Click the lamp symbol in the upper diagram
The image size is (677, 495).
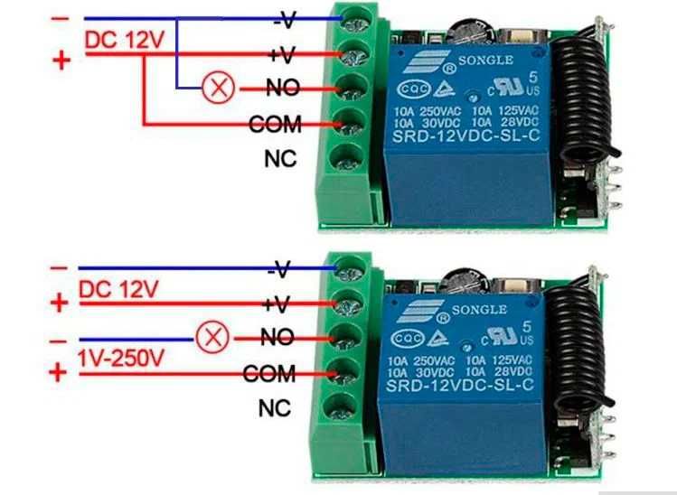[x=219, y=88]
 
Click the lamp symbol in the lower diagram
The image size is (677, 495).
[x=212, y=338]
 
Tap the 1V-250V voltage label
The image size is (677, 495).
[x=121, y=358]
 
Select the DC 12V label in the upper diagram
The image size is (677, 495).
[x=125, y=41]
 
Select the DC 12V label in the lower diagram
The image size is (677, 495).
[x=118, y=289]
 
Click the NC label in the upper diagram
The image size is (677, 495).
[x=280, y=159]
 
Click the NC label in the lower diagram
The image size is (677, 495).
[x=275, y=407]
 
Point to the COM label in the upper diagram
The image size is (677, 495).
[x=275, y=125]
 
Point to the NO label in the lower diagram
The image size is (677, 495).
[x=277, y=337]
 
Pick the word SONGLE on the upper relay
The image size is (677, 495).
[x=485, y=60]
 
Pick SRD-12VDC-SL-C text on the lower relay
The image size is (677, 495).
[x=460, y=384]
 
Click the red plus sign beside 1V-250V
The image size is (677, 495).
[x=58, y=372]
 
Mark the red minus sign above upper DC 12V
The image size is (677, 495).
[x=60, y=19]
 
